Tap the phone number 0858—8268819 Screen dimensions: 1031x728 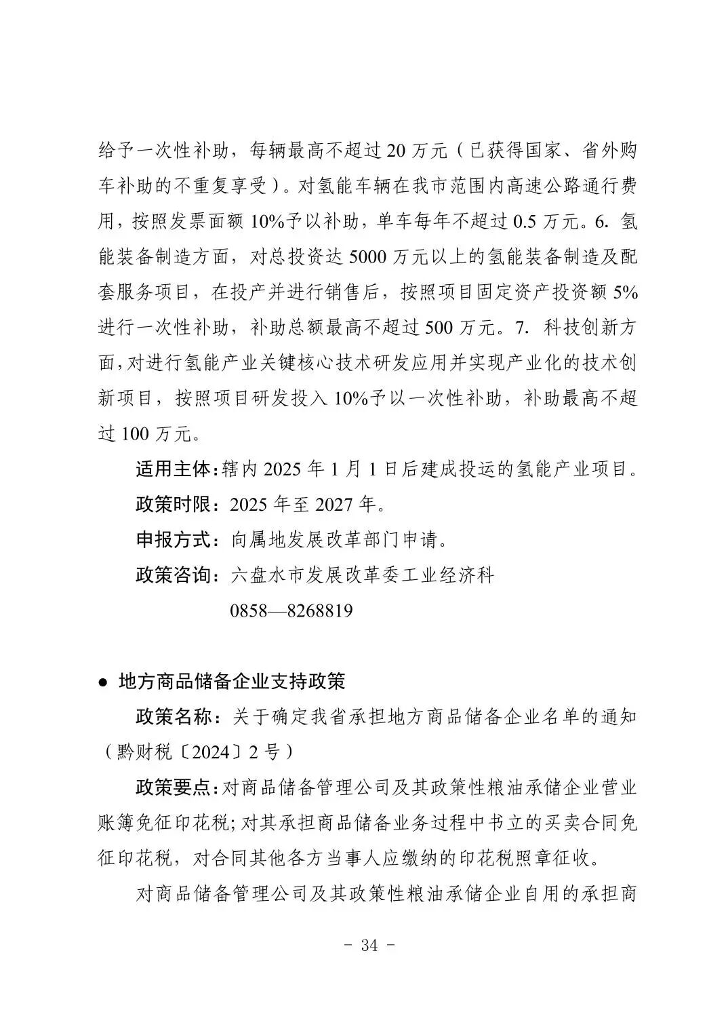coord(291,610)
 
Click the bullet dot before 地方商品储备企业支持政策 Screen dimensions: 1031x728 coord(103,682)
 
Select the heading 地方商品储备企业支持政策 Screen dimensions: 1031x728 coord(232,681)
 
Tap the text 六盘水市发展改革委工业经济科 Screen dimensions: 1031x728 coord(363,575)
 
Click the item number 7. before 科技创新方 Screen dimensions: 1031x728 coord(521,328)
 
